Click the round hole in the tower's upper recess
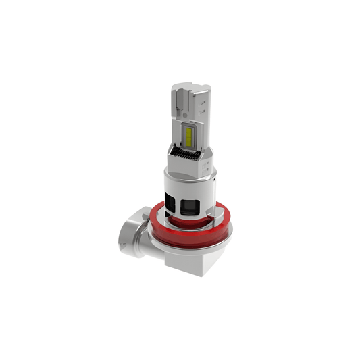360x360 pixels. pyautogui.click(x=184, y=114)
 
